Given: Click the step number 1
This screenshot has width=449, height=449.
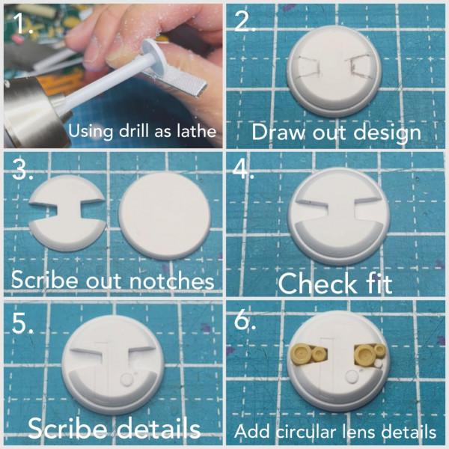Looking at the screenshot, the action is tap(23, 22).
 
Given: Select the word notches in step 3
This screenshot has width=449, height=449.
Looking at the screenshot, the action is tap(171, 281).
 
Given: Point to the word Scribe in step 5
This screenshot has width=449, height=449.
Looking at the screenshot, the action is tap(67, 428).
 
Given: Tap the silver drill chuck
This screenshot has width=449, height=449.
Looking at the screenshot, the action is tap(32, 112).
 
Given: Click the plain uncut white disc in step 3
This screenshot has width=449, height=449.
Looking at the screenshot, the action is tap(165, 216).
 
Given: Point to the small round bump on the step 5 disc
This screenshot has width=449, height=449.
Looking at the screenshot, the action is tap(126, 379).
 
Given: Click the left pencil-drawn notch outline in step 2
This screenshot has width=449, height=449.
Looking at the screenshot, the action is tap(307, 67).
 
